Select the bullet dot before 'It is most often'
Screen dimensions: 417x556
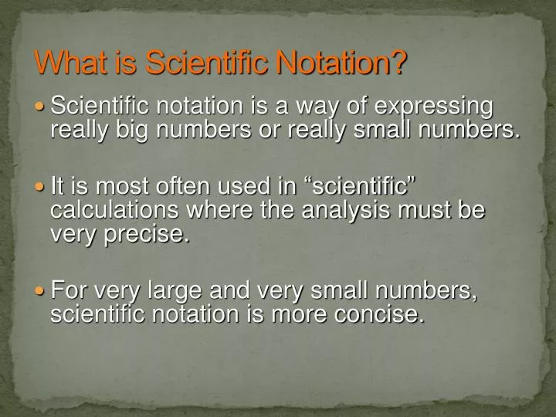point(42,187)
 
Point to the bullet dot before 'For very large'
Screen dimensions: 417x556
point(42,292)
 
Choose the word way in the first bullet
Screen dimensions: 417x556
point(318,107)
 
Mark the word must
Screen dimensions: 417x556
point(422,211)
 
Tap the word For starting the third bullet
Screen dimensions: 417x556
point(66,291)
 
